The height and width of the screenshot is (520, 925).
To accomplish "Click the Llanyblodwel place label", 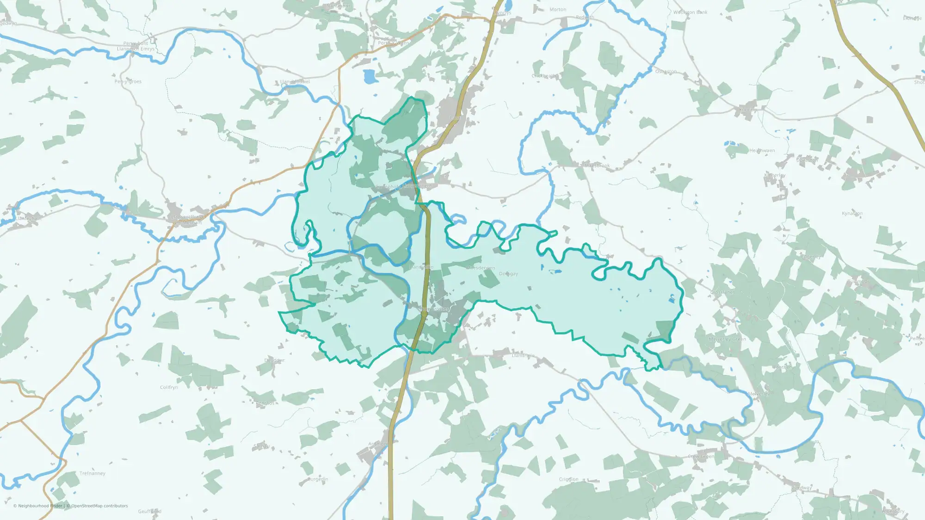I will click(295, 82).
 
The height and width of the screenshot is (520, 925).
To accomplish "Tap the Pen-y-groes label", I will click(128, 81).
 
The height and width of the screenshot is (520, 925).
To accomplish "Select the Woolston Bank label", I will click(690, 12).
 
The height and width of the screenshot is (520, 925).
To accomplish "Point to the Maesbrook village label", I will click(597, 165).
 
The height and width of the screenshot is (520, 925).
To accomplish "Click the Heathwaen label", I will click(762, 151).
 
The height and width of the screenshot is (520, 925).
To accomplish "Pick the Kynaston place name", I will click(852, 214).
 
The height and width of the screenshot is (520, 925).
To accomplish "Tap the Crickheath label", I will click(544, 76).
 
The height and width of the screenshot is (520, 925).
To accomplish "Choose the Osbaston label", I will click(666, 72).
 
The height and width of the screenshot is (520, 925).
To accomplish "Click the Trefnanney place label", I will click(92, 473).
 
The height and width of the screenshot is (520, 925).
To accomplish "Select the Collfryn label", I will click(169, 387).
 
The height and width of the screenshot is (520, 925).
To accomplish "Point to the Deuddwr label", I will click(274, 361).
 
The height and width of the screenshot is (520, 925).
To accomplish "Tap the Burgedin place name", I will click(318, 479).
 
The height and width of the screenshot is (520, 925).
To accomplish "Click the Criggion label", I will click(568, 479).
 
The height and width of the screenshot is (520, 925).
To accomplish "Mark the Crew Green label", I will click(701, 456).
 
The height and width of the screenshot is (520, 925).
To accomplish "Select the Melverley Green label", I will click(727, 339).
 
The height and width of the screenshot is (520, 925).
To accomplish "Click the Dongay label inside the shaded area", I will click(508, 274).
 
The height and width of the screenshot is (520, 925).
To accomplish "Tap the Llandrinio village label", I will click(523, 355).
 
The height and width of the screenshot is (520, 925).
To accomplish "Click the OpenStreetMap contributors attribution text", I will click(99, 506).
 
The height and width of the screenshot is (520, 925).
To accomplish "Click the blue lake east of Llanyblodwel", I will click(370, 76).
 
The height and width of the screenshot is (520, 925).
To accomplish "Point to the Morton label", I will click(557, 9).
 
